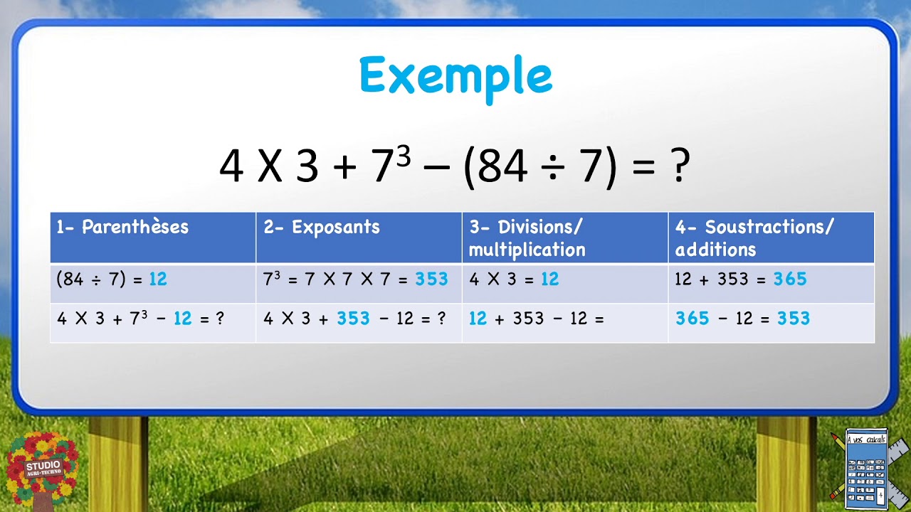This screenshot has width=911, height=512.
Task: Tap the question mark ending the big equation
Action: pos(680,166)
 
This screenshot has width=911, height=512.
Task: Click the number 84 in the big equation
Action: pos(502,166)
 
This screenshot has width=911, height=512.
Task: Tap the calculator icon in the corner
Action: pos(868,465)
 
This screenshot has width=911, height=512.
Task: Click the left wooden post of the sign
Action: pos(118,462)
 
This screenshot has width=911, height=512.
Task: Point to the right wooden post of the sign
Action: pos(786,462)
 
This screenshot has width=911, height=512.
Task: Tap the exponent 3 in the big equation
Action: pos(404,155)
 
